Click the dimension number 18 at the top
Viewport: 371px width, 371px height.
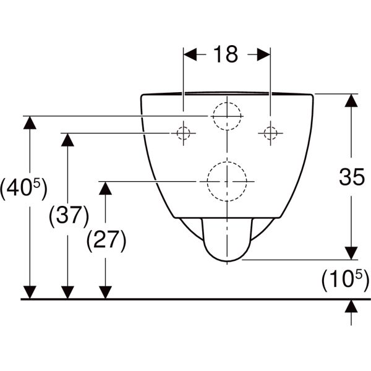point(226,54)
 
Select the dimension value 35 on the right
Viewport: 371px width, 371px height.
point(351,178)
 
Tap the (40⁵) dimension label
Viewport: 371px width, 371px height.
point(23,189)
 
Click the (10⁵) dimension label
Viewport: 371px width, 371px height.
point(344,279)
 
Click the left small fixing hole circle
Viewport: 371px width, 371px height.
point(183,133)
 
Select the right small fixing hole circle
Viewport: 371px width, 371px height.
point(270,133)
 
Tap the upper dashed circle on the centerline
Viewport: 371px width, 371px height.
point(226,116)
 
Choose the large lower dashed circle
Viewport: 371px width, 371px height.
point(226,182)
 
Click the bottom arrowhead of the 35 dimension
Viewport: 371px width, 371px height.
point(351,254)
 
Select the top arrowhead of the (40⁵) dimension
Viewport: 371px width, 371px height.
point(28,122)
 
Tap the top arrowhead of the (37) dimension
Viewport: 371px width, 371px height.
point(67,140)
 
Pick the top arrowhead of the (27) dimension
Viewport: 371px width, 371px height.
point(106,189)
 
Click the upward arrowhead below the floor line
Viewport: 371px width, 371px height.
point(351,306)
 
